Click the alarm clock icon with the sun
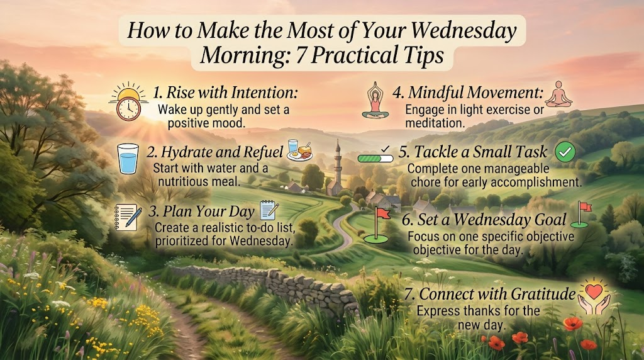click(128, 101)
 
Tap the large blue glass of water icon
click(128, 159)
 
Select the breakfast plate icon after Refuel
click(299, 150)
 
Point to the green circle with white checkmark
click(565, 152)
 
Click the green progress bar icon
click(375, 158)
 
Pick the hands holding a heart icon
click(594, 296)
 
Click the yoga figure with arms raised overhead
click(375, 101)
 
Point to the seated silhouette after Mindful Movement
click(558, 94)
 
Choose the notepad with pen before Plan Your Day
click(128, 217)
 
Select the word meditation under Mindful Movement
click(435, 123)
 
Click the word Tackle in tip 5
click(435, 152)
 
